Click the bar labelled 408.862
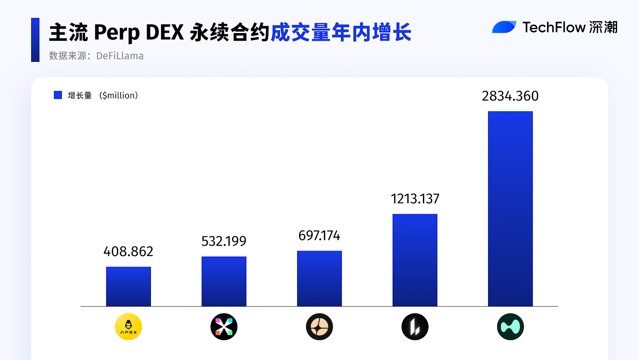pyautogui.click(x=128, y=287)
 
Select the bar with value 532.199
pyautogui.click(x=224, y=281)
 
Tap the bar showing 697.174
pyautogui.click(x=319, y=279)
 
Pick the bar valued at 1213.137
pyautogui.click(x=415, y=260)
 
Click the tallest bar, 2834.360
pyautogui.click(x=510, y=209)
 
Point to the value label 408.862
pyautogui.click(x=128, y=251)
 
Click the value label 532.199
pyautogui.click(x=224, y=241)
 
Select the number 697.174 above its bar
pyautogui.click(x=319, y=235)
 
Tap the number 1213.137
pyautogui.click(x=415, y=199)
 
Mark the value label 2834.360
pyautogui.click(x=510, y=96)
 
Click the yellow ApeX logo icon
pyautogui.click(x=128, y=326)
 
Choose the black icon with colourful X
pyautogui.click(x=224, y=326)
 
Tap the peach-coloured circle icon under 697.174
pyautogui.click(x=319, y=326)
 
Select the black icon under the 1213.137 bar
pyautogui.click(x=415, y=326)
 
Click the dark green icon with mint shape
pyautogui.click(x=510, y=326)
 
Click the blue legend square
pyautogui.click(x=58, y=95)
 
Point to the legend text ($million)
pyautogui.click(x=119, y=95)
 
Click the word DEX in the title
pyautogui.click(x=165, y=32)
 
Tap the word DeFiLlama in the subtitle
pyautogui.click(x=120, y=56)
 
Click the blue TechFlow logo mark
pyautogui.click(x=504, y=27)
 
